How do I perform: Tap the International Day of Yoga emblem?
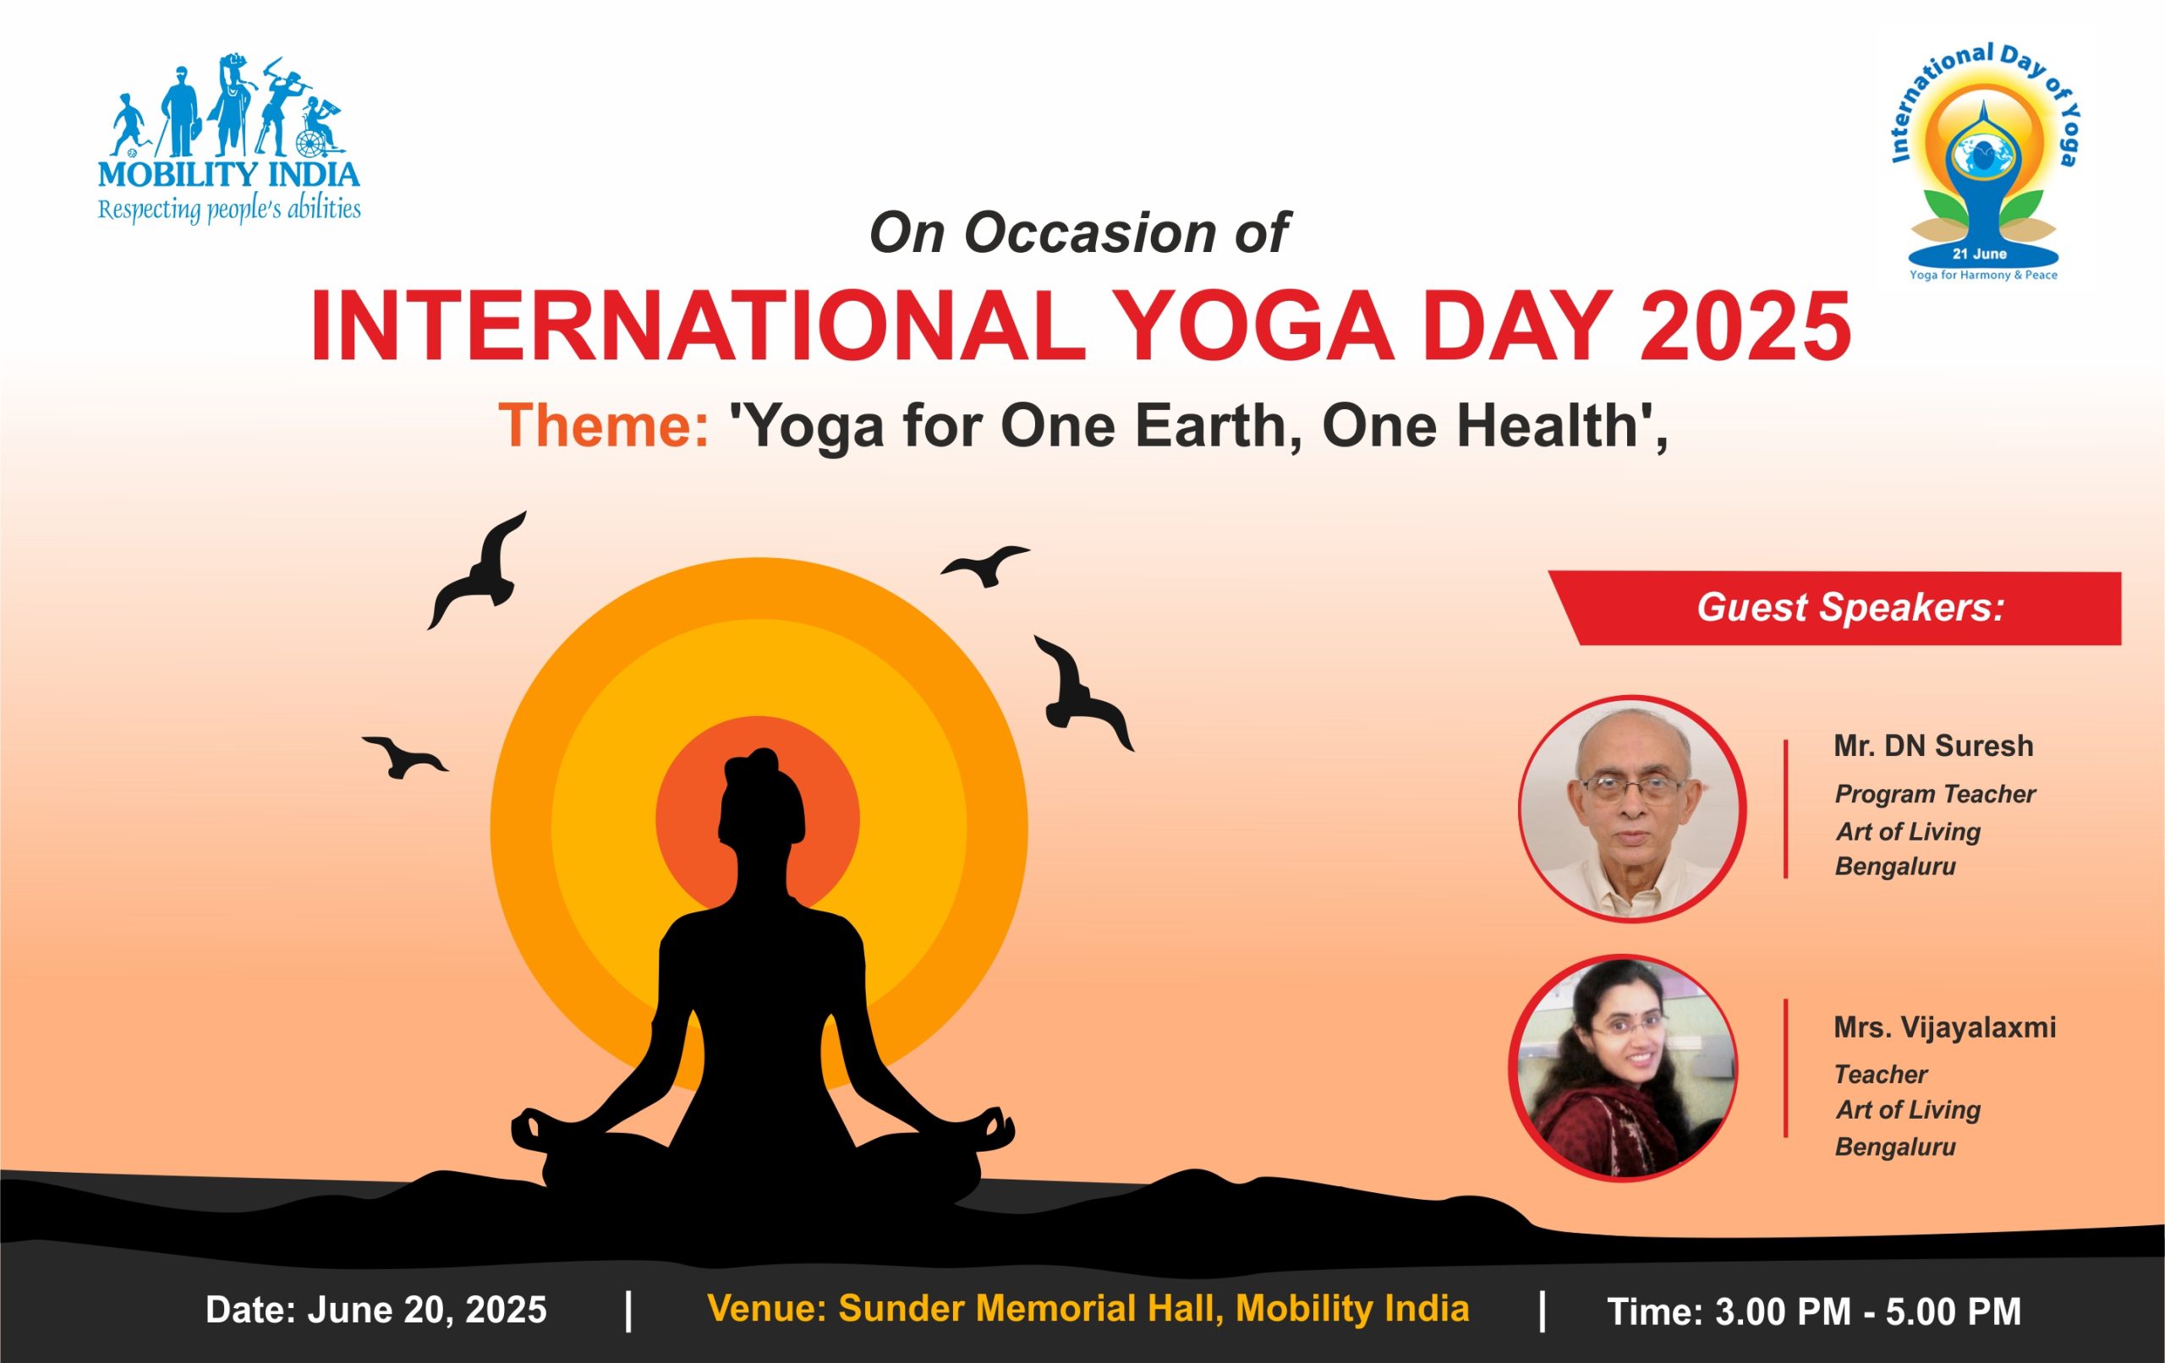[1983, 162]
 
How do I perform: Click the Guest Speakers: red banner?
[1834, 608]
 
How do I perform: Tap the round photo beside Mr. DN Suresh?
[1632, 809]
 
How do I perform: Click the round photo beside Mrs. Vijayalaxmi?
[1623, 1069]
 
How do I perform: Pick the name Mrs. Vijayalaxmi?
[1945, 1027]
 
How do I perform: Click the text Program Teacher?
[1935, 795]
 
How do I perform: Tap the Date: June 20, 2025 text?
[375, 1310]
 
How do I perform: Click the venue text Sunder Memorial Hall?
[1030, 1308]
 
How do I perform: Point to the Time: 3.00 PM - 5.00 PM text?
[1814, 1311]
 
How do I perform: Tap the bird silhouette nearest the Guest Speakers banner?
[1083, 692]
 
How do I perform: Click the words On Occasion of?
[1079, 233]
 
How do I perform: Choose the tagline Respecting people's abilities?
[229, 211]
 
